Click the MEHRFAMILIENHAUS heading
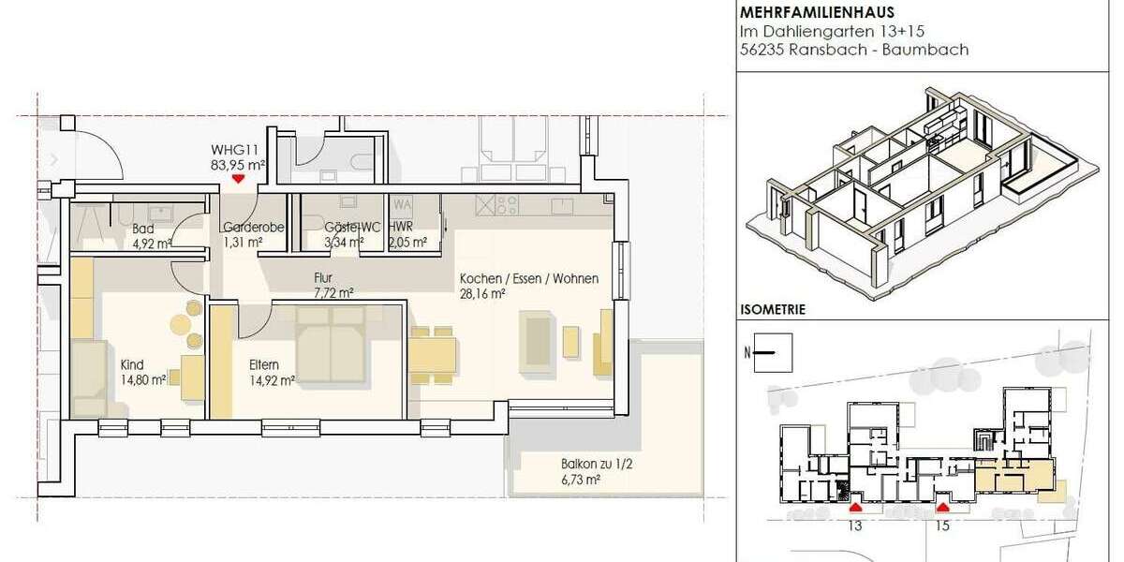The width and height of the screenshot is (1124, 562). point(817,12)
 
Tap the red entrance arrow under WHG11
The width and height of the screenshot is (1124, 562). point(239,178)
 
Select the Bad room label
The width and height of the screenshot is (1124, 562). point(143,228)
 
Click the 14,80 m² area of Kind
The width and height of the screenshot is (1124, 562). point(143,379)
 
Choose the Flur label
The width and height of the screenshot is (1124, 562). point(324,277)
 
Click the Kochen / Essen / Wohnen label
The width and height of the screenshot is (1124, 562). point(528,278)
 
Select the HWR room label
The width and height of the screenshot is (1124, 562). point(401,228)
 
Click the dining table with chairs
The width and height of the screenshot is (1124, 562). point(433,353)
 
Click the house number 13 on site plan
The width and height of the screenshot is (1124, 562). point(854,526)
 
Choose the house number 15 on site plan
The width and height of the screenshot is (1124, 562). point(942,526)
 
